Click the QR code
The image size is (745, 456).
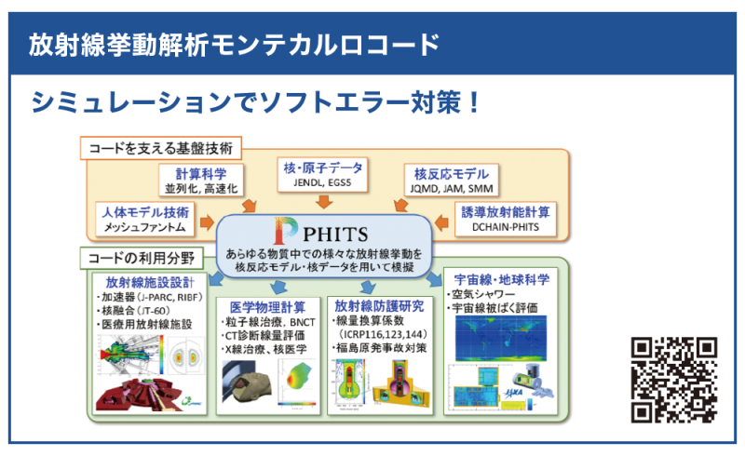pos(675,379)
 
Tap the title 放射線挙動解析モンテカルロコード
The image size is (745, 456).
pos(234,43)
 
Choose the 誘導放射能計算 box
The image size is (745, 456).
pos(507,219)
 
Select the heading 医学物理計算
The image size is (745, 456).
pos(269,305)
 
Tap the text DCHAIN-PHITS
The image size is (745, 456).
pos(507,227)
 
